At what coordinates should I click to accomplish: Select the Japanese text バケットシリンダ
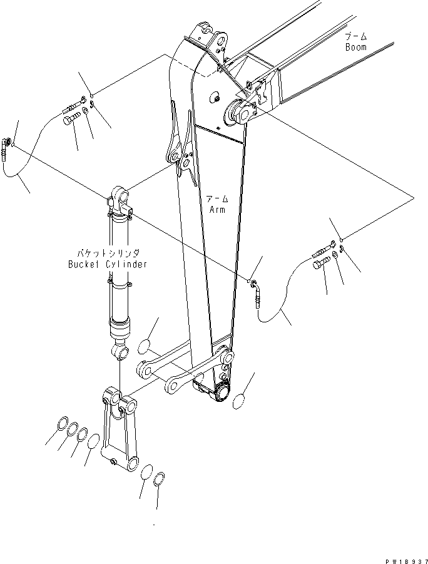(x=108, y=254)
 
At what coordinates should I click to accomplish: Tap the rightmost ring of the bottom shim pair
(x=160, y=479)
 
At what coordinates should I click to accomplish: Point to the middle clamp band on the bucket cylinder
(x=120, y=285)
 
